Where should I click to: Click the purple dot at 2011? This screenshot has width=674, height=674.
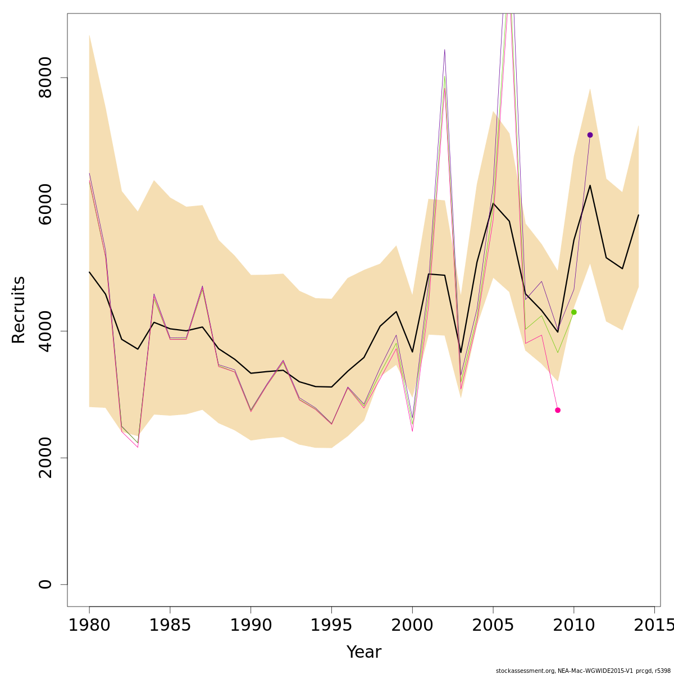click(x=590, y=135)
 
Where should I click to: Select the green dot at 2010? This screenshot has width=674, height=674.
click(x=573, y=312)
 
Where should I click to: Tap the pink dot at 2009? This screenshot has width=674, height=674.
click(x=558, y=410)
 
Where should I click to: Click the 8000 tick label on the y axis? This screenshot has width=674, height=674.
click(x=45, y=78)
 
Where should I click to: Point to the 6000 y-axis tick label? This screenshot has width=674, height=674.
click(x=45, y=204)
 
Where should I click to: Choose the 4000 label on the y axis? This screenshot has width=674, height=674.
click(x=45, y=331)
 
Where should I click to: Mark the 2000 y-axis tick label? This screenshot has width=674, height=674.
click(x=45, y=458)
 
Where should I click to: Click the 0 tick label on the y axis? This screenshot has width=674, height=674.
click(x=45, y=584)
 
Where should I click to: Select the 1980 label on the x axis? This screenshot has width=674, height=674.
click(x=89, y=625)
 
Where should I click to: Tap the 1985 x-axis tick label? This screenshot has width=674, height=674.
click(x=170, y=625)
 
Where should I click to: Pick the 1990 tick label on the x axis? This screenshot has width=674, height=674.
click(x=251, y=625)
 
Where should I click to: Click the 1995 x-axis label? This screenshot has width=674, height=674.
click(x=331, y=625)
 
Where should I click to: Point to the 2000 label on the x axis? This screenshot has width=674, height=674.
click(x=412, y=625)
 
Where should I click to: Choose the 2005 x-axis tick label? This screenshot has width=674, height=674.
click(x=493, y=625)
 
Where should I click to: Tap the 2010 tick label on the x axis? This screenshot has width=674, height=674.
click(x=573, y=625)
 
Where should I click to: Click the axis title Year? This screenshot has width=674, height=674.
click(x=363, y=652)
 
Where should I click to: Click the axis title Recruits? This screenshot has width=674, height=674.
click(x=19, y=309)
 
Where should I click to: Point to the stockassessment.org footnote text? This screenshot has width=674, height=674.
click(x=583, y=671)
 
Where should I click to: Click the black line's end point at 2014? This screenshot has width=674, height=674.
click(x=638, y=215)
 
